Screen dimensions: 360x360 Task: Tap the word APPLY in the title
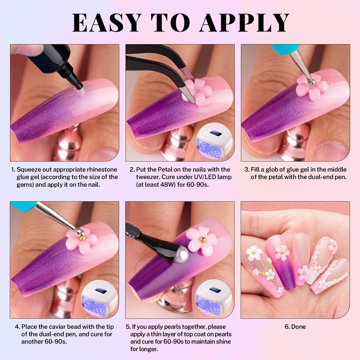pyautogui.click(x=244, y=22)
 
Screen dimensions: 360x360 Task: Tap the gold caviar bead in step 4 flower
pyautogui.click(x=82, y=238)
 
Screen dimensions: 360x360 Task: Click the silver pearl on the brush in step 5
pyautogui.click(x=183, y=254)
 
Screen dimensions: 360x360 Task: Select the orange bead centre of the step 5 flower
pyautogui.click(x=203, y=239)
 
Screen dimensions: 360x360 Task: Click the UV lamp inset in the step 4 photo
pyautogui.click(x=99, y=298)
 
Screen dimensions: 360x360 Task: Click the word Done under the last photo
pyautogui.click(x=298, y=327)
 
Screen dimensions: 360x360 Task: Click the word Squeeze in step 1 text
pyautogui.click(x=29, y=170)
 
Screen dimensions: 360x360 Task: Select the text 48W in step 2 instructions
pyautogui.click(x=169, y=184)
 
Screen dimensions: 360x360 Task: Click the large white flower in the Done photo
pyautogui.click(x=254, y=252)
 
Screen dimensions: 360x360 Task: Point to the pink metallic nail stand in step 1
pyautogui.click(x=68, y=142)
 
